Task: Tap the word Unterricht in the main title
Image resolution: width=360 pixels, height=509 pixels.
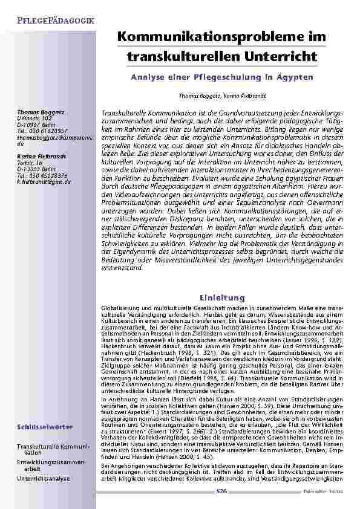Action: [x=281, y=56]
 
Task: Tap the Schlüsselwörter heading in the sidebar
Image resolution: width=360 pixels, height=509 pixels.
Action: [x=47, y=426]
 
